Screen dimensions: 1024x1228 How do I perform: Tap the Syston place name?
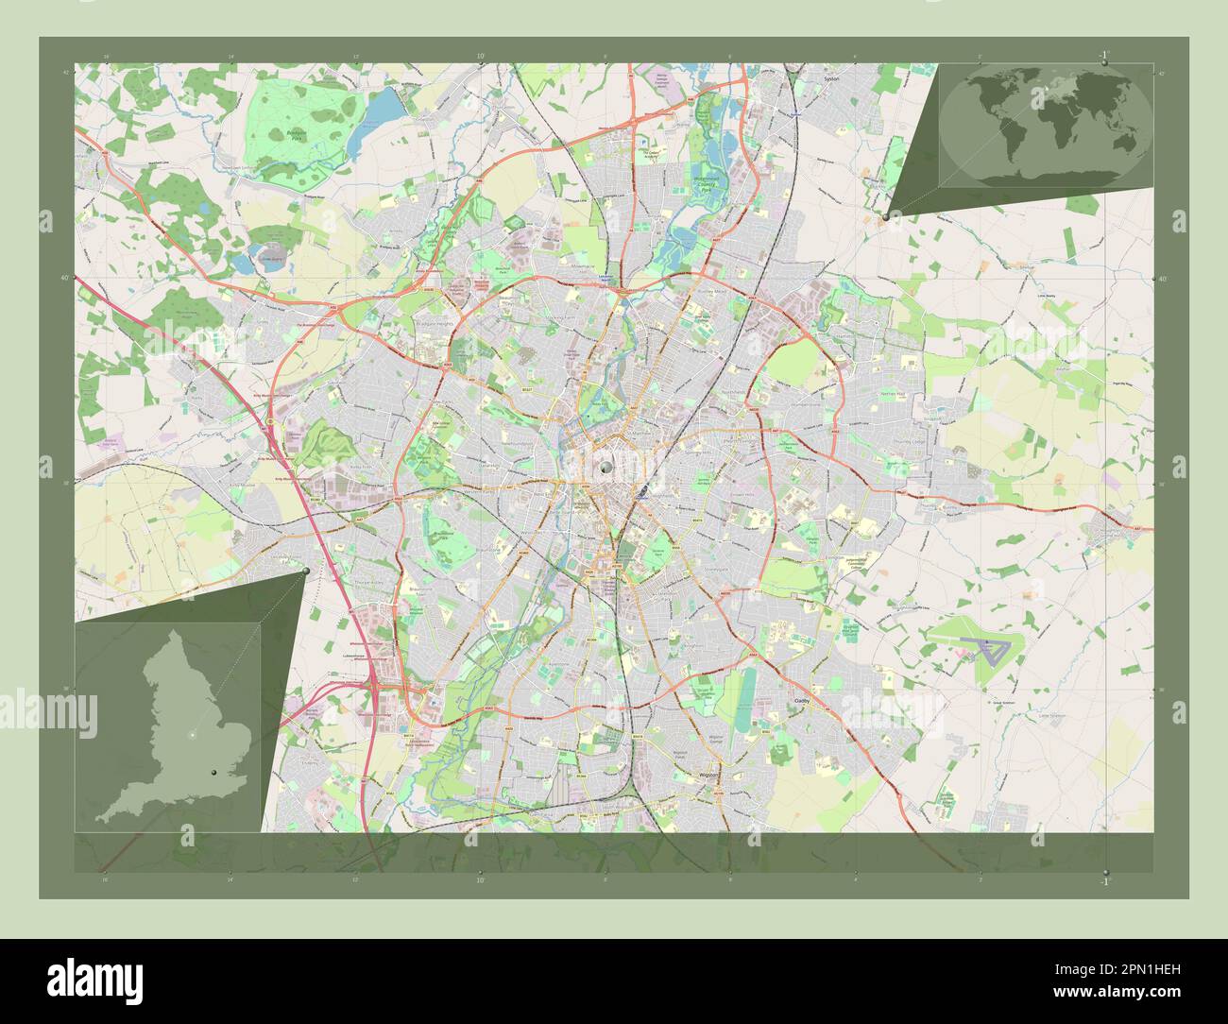[831, 79]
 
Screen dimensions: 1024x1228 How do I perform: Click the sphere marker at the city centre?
[605, 466]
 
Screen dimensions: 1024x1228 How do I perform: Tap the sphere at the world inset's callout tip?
[884, 216]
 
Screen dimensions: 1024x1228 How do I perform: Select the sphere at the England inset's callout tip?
[306, 571]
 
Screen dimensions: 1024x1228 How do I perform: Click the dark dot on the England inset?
[214, 773]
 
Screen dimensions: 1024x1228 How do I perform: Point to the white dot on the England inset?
[193, 734]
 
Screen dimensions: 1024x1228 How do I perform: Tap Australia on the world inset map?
[1124, 142]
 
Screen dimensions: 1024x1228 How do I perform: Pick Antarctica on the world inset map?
[1049, 172]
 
